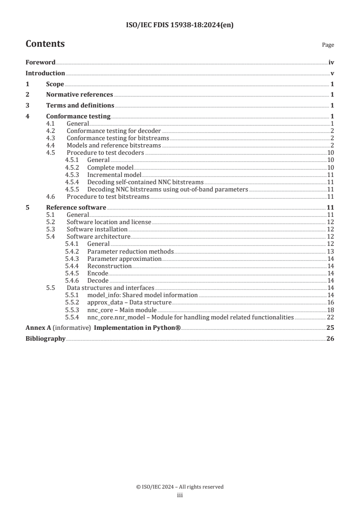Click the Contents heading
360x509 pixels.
(45, 44)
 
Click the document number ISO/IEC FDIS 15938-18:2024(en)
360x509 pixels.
(180, 25)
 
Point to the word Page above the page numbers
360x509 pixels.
(328, 45)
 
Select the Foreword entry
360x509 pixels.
(40, 62)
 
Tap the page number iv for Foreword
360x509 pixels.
(331, 62)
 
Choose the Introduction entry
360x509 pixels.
(45, 73)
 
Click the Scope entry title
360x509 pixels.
(55, 84)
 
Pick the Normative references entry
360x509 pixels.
(79, 95)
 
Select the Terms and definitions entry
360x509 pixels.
(80, 106)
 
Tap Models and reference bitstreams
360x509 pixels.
(113, 145)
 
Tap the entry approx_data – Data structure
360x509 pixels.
(129, 302)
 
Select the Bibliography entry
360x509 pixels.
(45, 338)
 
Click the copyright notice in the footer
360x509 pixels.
(180, 487)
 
